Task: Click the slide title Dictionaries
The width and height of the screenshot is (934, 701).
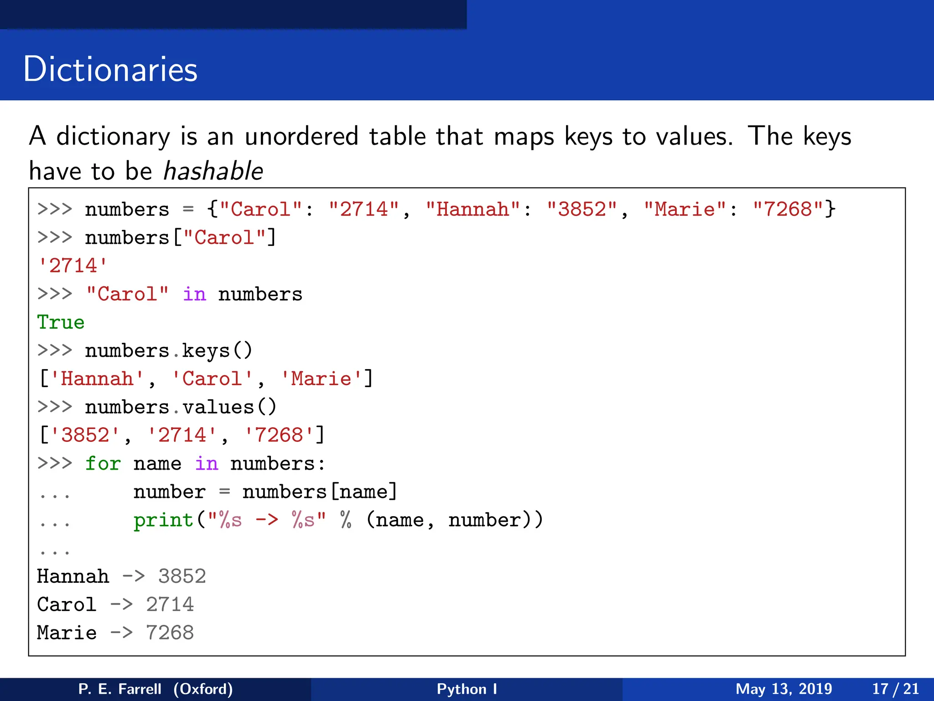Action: pos(110,69)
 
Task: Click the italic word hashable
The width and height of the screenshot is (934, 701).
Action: pos(213,172)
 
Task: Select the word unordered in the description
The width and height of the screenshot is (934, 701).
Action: pos(301,136)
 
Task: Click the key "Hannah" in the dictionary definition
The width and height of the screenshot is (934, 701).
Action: pos(472,209)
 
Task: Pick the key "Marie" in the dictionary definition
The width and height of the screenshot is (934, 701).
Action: pos(685,209)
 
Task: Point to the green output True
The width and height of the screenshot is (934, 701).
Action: pos(61,322)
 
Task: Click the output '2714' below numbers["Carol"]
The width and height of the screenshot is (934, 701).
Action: pos(73,266)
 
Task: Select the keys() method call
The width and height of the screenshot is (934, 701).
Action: pos(217,350)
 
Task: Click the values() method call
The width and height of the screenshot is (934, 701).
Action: pos(229,407)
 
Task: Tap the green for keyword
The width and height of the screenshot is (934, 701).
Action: pos(103,464)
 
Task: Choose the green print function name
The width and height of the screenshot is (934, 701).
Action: pos(163,520)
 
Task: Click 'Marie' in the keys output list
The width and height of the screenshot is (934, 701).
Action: pos(321,379)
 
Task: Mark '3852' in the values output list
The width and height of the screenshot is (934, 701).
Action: pos(85,435)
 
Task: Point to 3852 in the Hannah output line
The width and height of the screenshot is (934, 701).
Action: pos(182,576)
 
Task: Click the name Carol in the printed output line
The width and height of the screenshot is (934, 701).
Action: pos(67,605)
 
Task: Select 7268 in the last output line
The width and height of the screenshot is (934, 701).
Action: pos(170,633)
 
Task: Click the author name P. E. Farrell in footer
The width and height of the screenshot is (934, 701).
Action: pos(119,689)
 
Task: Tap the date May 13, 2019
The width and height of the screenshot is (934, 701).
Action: pos(784,689)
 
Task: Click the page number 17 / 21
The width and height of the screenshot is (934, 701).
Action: pos(895,689)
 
